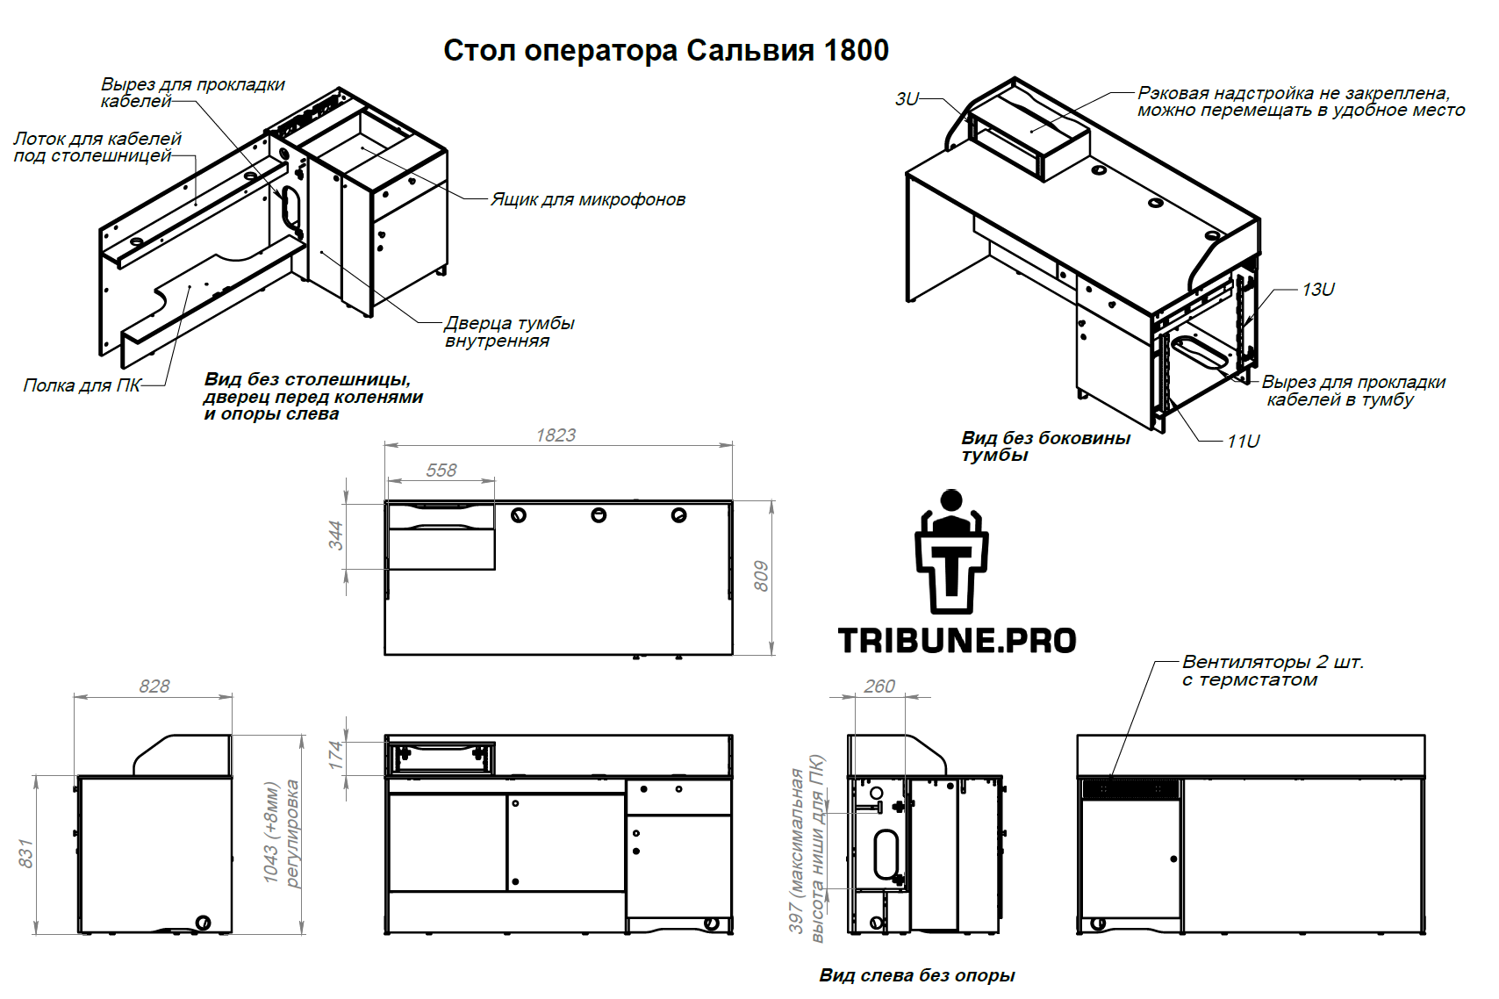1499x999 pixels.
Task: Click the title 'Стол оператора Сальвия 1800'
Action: [x=666, y=51]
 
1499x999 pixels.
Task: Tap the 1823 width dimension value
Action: [x=556, y=435]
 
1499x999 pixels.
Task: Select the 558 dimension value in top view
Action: [x=441, y=470]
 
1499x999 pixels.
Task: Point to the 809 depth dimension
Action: [x=761, y=577]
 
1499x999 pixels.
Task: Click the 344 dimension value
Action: [x=335, y=535]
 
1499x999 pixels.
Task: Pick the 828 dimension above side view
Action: [x=154, y=686]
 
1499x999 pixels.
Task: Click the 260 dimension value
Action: [x=879, y=686]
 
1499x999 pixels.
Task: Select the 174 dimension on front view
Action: [x=335, y=755]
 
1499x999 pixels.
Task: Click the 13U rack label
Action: [x=1317, y=290]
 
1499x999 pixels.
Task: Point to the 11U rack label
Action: [x=1243, y=442]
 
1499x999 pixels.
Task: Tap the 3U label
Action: [x=907, y=99]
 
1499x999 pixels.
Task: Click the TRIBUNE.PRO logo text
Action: [x=957, y=641]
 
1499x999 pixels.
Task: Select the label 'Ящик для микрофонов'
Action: [x=588, y=199]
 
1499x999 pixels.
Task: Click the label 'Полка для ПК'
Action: [x=82, y=385]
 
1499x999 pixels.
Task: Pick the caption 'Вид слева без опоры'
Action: [x=917, y=975]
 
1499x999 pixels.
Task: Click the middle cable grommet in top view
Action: [x=599, y=515]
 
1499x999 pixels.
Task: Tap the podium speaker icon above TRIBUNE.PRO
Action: [x=951, y=551]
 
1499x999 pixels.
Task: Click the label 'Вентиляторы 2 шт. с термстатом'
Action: [x=1273, y=671]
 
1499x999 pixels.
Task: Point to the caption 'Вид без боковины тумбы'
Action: [x=1046, y=447]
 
